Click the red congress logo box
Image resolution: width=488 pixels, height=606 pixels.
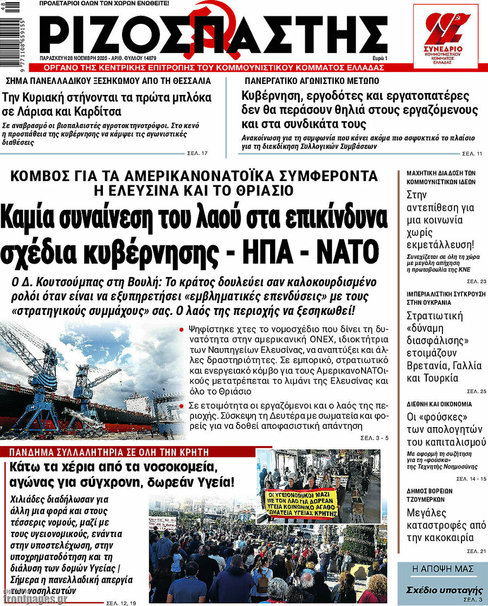(445, 36)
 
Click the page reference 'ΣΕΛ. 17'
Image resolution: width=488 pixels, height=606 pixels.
(197, 153)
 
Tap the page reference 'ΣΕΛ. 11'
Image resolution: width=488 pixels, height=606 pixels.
(472, 153)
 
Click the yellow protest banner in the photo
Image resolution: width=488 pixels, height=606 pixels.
(300, 502)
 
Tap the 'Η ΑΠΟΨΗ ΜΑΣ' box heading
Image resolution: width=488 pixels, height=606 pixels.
(443, 569)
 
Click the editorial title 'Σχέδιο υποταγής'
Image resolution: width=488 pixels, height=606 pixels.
(445, 590)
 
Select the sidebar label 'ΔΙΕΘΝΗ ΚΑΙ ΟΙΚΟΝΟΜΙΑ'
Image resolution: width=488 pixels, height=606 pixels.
(439, 404)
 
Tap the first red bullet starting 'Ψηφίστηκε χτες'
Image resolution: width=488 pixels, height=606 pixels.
(181, 328)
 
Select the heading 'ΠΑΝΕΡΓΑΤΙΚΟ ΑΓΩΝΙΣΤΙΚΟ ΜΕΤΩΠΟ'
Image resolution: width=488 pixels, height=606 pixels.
(311, 81)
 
